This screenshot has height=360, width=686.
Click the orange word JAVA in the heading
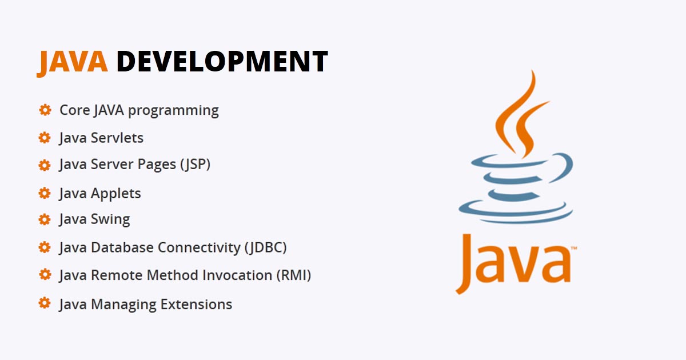(x=72, y=62)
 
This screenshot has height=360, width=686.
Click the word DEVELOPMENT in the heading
(x=222, y=62)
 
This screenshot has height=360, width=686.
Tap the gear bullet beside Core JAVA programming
(x=45, y=110)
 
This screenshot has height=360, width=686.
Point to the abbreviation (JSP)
(x=195, y=165)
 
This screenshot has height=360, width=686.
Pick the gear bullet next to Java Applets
(x=45, y=193)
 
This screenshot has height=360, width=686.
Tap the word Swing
(x=110, y=219)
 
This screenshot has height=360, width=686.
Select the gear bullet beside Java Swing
(x=45, y=219)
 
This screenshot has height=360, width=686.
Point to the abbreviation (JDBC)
(x=265, y=247)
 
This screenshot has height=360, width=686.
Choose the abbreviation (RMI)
(x=294, y=275)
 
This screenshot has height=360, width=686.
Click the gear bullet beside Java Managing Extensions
(x=45, y=303)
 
